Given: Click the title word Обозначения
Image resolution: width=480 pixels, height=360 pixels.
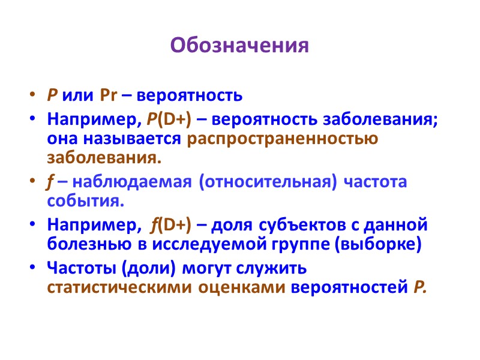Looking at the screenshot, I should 239,46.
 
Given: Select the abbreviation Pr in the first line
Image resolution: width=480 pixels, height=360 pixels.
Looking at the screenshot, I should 110,95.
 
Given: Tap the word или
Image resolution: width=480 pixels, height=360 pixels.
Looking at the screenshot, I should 78,95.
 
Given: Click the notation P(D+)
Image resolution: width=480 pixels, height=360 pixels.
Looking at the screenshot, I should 169,119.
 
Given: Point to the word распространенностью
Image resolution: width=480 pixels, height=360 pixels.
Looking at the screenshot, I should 283,139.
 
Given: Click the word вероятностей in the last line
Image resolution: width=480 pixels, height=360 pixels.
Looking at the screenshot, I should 349,287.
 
